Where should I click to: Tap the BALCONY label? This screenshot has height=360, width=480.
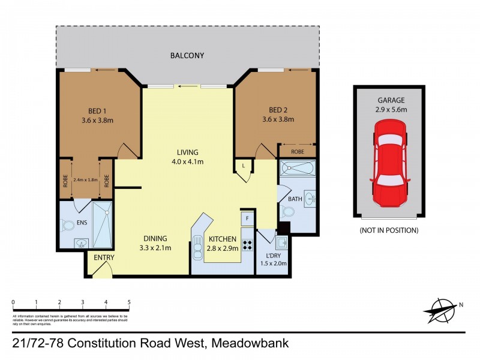click(x=187, y=56)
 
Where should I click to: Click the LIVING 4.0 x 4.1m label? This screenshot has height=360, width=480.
click(x=187, y=157)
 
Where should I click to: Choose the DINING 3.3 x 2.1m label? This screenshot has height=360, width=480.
click(x=155, y=242)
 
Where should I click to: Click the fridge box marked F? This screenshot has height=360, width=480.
click(x=247, y=218)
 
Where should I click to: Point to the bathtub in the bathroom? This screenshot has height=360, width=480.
click(x=298, y=169)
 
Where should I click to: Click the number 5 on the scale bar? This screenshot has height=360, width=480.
click(x=129, y=302)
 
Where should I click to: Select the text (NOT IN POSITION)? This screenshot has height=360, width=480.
click(x=389, y=230)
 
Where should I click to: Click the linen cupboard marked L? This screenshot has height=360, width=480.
click(x=243, y=166)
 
